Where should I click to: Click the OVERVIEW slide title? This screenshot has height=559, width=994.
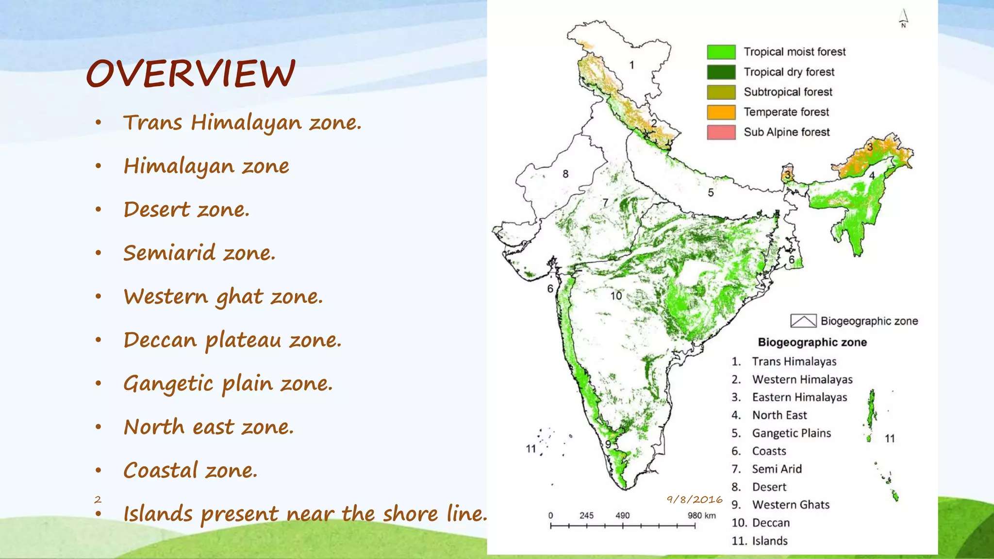[x=190, y=74]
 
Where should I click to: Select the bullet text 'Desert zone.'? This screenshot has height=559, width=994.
[x=186, y=210]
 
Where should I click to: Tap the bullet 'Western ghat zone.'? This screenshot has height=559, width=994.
[x=223, y=296]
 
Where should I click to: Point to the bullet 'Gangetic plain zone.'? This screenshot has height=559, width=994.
[x=228, y=383]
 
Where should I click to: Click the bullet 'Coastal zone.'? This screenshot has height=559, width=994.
[x=190, y=470]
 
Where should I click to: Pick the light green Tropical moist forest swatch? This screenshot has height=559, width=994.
[x=721, y=52]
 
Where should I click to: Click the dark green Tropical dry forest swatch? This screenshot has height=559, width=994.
[x=721, y=72]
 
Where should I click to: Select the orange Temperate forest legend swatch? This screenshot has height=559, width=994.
[x=721, y=112]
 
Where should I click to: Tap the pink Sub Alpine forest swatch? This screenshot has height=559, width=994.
[x=721, y=132]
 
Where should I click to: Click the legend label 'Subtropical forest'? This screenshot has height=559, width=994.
[x=788, y=92]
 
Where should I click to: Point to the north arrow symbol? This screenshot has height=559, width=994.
[x=903, y=18]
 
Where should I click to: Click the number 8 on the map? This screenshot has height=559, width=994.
[x=565, y=174]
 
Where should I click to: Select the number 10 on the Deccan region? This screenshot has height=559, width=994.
[x=616, y=296]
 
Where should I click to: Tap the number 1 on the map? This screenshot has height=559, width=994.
[x=631, y=65]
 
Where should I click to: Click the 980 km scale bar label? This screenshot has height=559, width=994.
[x=701, y=515]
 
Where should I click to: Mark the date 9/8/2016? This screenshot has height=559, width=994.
[x=694, y=499]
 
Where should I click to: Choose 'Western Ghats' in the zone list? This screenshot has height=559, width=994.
[x=791, y=505]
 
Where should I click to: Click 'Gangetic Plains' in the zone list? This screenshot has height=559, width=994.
[x=791, y=433]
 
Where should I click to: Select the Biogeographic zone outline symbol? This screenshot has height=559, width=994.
[x=803, y=321]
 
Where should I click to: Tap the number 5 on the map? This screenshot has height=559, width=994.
[x=711, y=193]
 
